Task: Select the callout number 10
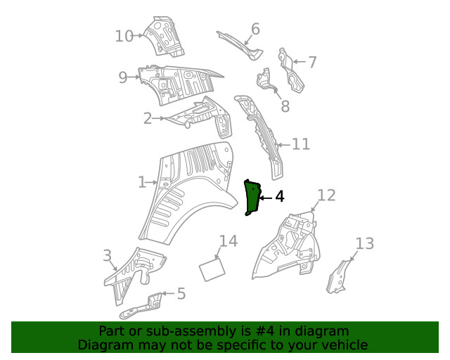(x=124, y=35)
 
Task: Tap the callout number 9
(x=123, y=77)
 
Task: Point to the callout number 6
(x=255, y=29)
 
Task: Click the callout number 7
(x=312, y=62)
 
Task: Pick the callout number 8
(x=285, y=107)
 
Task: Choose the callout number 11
(x=301, y=144)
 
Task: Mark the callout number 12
(x=326, y=195)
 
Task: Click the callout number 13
(x=364, y=244)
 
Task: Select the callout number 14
(x=228, y=241)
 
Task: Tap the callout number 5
(x=181, y=293)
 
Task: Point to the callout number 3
(x=107, y=255)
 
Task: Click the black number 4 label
(x=279, y=197)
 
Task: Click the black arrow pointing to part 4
(x=264, y=198)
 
